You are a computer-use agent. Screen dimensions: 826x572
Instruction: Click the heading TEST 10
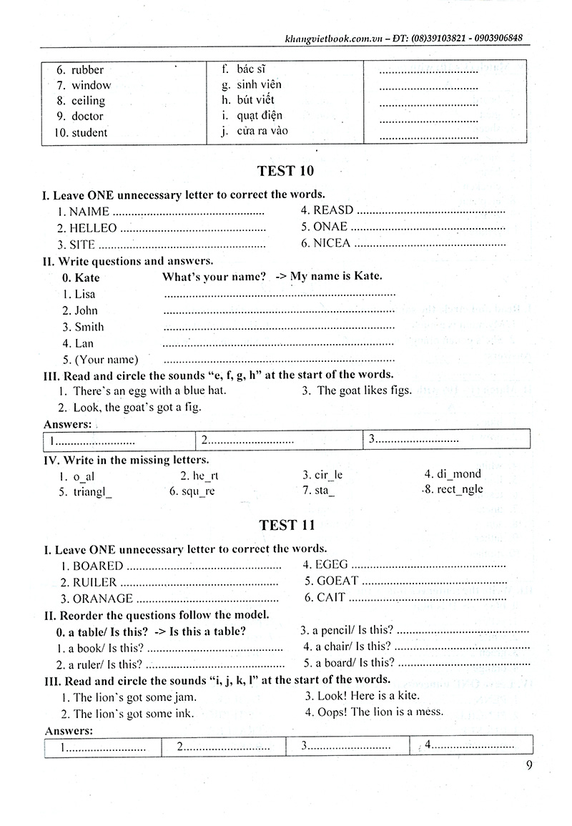[285, 171]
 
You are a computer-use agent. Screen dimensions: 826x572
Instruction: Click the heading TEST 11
[286, 526]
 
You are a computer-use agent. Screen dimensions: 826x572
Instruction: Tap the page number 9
[528, 765]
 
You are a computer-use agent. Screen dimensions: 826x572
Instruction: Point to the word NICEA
[332, 243]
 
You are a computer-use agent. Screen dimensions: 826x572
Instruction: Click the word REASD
[333, 210]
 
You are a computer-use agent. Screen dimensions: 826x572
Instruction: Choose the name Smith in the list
[89, 327]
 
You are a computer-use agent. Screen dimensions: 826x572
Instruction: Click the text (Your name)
[107, 360]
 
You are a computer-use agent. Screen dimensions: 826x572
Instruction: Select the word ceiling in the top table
[88, 101]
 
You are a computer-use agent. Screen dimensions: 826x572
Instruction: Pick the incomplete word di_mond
[458, 473]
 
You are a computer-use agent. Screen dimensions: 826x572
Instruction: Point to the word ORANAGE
[103, 599]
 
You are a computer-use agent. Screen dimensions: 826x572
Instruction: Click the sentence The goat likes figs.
[364, 390]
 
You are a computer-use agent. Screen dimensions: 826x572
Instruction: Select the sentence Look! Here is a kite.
[368, 695]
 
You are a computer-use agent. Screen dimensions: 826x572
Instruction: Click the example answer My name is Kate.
[336, 277]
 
